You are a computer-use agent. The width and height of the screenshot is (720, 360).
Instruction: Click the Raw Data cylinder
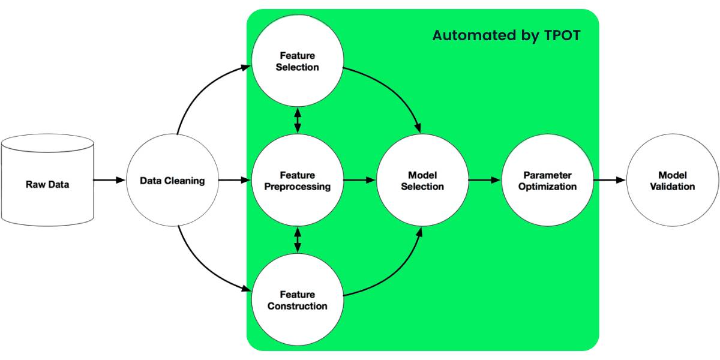[x=47, y=180]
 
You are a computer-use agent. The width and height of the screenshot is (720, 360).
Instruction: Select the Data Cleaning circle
[x=172, y=180]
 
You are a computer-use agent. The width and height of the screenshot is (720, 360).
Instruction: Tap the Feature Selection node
[x=297, y=62]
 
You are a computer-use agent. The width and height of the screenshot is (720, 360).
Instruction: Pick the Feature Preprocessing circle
[x=297, y=181]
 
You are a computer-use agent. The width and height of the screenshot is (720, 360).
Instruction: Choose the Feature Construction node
[x=297, y=299]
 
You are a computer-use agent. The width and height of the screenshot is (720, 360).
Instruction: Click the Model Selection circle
[x=422, y=181]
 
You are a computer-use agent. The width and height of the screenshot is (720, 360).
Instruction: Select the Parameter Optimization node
[x=547, y=181]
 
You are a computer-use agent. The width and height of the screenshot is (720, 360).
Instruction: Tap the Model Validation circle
[x=672, y=181]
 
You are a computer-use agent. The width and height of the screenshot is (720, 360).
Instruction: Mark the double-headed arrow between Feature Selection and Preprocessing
[x=297, y=121]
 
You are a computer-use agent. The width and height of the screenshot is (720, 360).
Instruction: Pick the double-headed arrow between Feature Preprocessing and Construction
[x=297, y=240]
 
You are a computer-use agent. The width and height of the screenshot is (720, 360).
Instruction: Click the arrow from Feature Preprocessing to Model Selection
[x=359, y=180]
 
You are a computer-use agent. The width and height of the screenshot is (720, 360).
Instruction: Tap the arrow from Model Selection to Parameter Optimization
[x=484, y=180]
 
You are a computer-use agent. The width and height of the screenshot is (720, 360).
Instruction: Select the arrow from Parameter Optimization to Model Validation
[x=610, y=180]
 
